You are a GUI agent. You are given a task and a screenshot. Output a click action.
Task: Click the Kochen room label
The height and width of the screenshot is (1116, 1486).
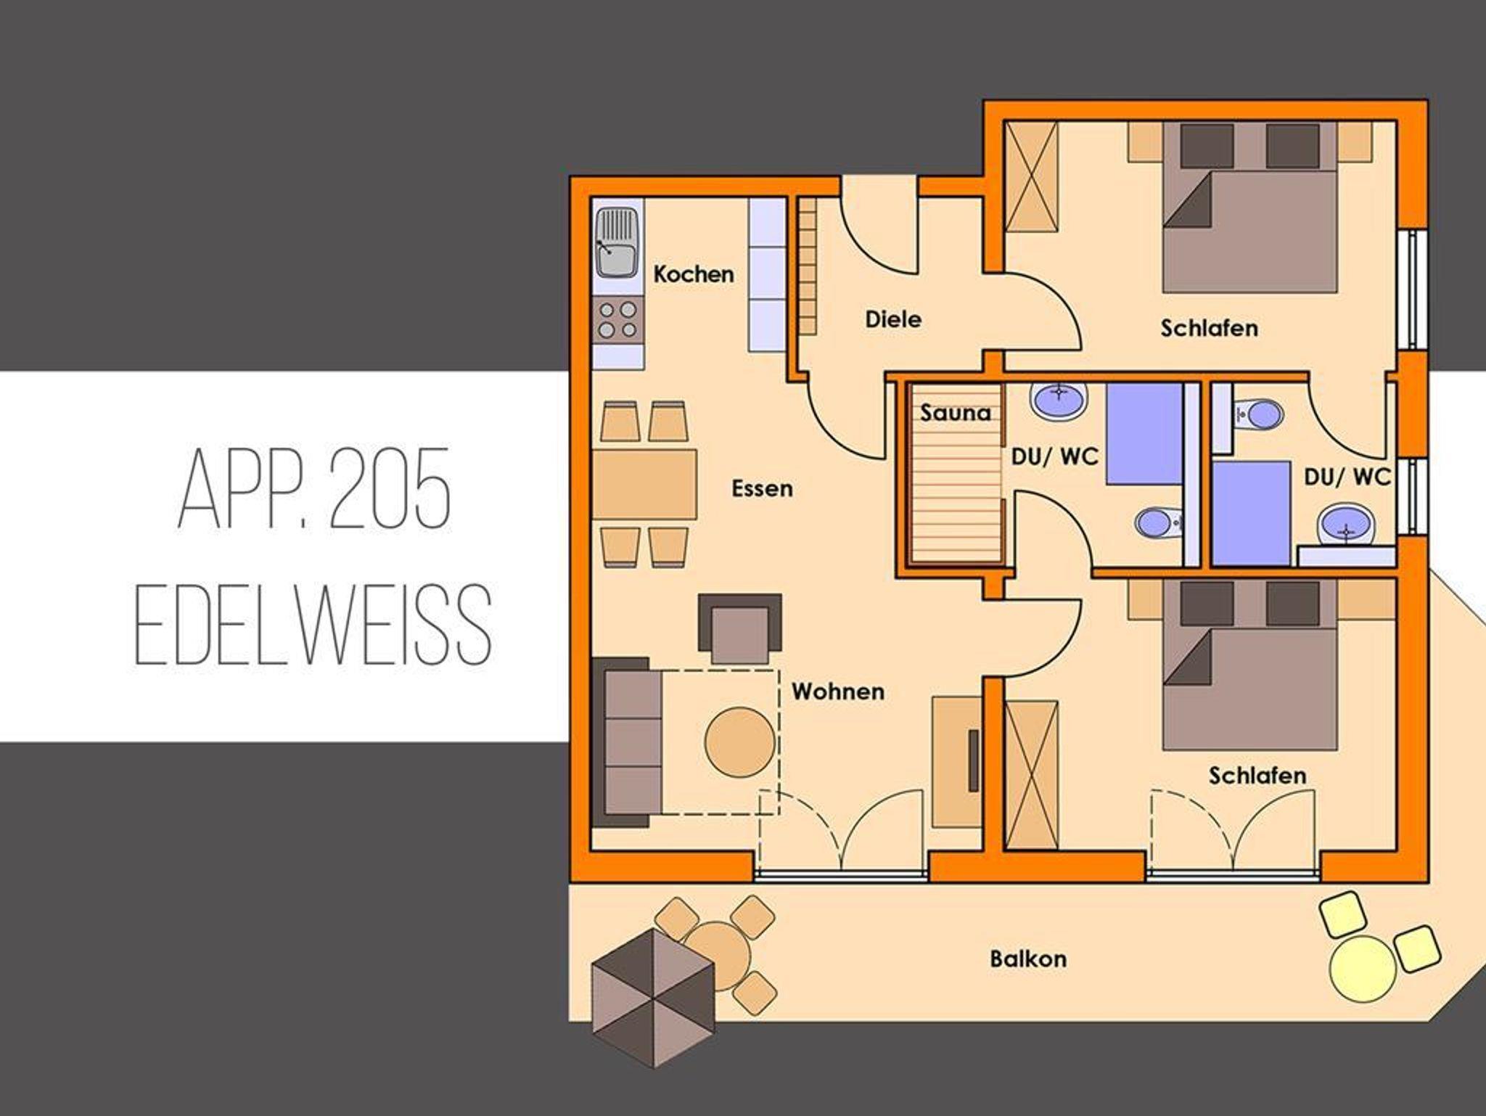(x=693, y=274)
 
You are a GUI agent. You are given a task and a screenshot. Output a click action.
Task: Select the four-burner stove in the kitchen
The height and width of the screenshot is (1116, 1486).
(x=617, y=321)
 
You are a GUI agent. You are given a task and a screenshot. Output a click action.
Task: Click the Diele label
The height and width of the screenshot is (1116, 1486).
(x=893, y=319)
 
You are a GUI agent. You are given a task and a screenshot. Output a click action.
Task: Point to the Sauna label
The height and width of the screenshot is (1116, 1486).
(x=956, y=413)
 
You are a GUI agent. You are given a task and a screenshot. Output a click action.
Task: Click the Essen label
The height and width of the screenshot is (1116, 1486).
(x=762, y=488)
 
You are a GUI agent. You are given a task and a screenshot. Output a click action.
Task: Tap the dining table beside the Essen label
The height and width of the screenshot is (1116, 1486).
(x=644, y=483)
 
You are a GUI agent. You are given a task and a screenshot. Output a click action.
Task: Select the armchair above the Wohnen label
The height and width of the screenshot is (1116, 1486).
(x=739, y=628)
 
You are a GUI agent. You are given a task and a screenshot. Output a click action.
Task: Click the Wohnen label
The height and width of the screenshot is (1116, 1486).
(x=838, y=692)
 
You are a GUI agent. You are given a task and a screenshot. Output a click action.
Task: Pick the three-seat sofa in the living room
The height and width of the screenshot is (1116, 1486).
(x=627, y=743)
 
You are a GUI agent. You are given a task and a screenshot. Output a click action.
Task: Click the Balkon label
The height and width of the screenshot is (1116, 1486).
(x=1028, y=959)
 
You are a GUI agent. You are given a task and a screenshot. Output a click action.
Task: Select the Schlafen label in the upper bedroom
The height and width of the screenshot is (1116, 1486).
(x=1209, y=328)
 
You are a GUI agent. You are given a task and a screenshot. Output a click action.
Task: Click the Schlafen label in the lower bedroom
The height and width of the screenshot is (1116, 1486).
(x=1257, y=776)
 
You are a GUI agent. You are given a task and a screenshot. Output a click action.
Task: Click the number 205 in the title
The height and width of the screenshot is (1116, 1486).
(x=389, y=489)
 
